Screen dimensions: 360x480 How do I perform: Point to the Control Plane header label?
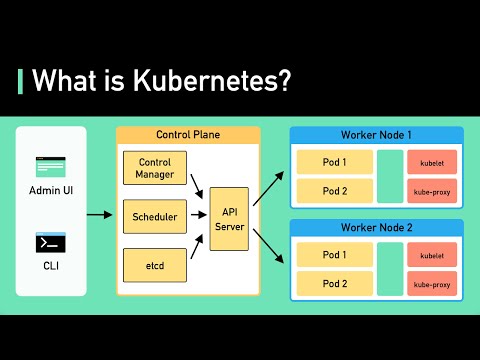188,134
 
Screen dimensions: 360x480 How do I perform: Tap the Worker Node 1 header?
376,134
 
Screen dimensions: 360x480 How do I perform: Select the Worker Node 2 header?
376,227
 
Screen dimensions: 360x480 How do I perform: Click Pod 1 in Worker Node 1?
333,162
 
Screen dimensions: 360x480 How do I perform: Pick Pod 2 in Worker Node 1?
333,189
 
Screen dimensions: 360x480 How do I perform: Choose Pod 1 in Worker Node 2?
333,256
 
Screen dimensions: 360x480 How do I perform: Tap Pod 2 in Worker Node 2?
333,283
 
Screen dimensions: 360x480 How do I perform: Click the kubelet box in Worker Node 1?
432,162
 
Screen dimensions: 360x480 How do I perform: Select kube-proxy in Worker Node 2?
432,283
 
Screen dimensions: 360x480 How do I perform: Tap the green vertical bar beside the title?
21,81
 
